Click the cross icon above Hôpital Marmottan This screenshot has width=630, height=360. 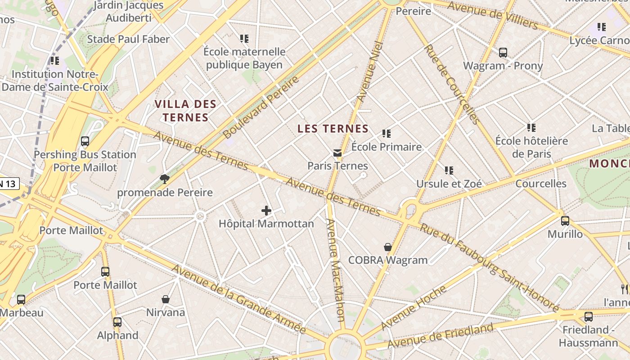pyautogui.click(x=266, y=210)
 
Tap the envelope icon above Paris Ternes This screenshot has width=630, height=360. pyautogui.click(x=337, y=153)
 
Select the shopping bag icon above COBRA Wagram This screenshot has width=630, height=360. pyautogui.click(x=388, y=247)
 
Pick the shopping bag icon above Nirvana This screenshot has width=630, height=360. pyautogui.click(x=166, y=299)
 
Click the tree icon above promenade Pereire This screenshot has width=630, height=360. pyautogui.click(x=165, y=180)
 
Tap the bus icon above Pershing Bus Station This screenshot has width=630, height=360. pyautogui.click(x=85, y=141)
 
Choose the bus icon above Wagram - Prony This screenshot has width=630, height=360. pyautogui.click(x=503, y=53)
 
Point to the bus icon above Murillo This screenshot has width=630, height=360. pyautogui.click(x=565, y=221)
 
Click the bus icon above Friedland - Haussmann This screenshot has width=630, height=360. pyautogui.click(x=588, y=317)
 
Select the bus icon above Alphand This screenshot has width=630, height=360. pyautogui.click(x=117, y=322)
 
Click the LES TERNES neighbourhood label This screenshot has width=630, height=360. pyautogui.click(x=333, y=129)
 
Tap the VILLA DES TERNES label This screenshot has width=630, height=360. pyautogui.click(x=185, y=111)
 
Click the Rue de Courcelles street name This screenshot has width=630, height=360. pyautogui.click(x=451, y=84)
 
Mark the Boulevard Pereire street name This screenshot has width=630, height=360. pyautogui.click(x=261, y=107)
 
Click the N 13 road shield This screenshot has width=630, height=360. pyautogui.click(x=9, y=183)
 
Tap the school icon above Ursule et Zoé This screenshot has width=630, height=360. pyautogui.click(x=449, y=171)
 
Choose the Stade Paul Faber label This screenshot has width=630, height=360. pyautogui.click(x=128, y=39)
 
